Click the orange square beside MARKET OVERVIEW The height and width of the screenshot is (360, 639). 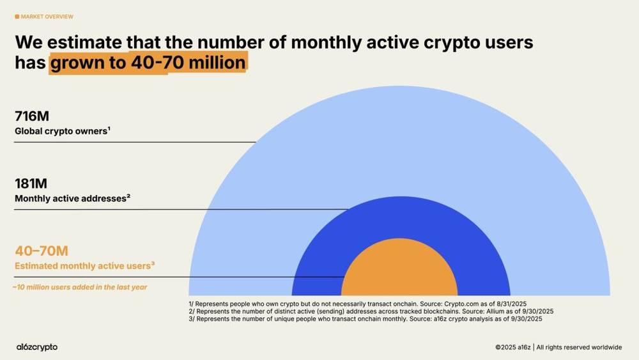coord(17,17)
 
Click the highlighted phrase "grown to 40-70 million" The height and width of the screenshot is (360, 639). coord(148,63)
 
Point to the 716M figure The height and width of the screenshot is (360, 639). coord(32,116)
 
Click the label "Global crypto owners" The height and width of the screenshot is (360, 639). coord(62,131)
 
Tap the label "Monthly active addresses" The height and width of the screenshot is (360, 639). coord(72,198)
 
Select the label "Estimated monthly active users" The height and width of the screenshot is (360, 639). coord(84,265)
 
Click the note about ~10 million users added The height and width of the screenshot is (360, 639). coord(80,287)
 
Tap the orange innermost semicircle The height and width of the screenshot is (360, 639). coord(399,272)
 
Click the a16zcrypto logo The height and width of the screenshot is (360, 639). coord(36,347)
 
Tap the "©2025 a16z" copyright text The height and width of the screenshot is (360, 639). coord(512,347)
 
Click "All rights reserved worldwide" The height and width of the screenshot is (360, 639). coord(579,347)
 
